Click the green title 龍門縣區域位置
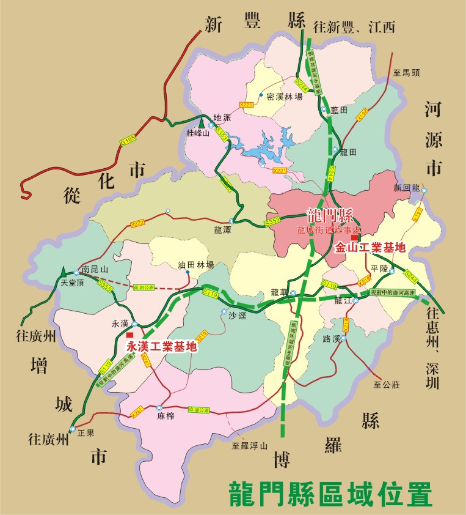click(330, 493)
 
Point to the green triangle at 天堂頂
click(63, 270)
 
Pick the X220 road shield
click(247, 105)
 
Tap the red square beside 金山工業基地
click(354, 237)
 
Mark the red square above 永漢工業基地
click(129, 335)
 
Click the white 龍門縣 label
click(330, 215)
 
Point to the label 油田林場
click(195, 265)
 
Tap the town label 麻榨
click(166, 416)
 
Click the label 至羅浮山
click(250, 446)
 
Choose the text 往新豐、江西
click(354, 27)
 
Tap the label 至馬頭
click(407, 72)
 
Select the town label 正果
click(86, 433)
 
